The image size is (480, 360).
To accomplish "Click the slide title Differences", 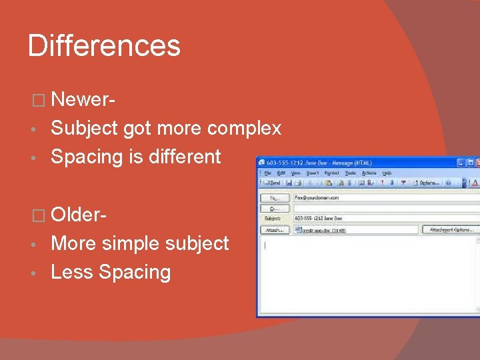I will [x=104, y=46].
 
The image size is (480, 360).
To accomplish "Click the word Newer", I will [x=82, y=99].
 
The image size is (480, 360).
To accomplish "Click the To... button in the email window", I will [x=274, y=198].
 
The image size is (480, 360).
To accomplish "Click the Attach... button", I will [x=274, y=229].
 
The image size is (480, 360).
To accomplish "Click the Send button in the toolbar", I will [x=272, y=182].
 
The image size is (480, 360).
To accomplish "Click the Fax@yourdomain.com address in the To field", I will [x=317, y=198].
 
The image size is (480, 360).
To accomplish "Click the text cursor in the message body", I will [x=265, y=245].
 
